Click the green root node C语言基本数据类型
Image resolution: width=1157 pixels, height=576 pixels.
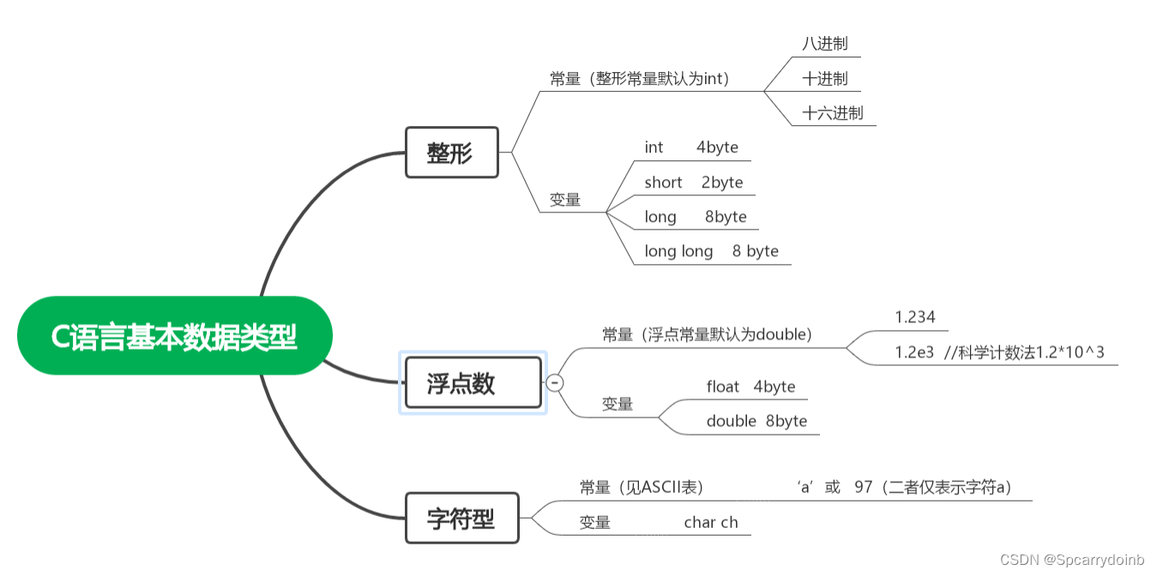pos(174,336)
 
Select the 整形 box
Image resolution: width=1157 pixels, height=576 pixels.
pos(451,153)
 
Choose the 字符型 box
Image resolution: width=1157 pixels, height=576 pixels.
pos(461,518)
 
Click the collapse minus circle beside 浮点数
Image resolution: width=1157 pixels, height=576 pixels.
pos(555,382)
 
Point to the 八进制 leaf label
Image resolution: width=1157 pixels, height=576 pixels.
pos(824,44)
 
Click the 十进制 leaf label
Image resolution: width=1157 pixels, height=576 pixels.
pos(824,79)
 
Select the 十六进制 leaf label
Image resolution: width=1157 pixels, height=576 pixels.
pos(832,113)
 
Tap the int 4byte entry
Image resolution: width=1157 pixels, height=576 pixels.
pos(691,147)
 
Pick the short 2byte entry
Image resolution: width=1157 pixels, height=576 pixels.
pos(694,183)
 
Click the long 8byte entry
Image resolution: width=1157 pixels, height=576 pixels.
pos(696,217)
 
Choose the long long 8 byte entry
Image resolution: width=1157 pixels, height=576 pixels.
pos(711,251)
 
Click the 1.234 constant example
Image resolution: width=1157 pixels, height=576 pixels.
pos(915,317)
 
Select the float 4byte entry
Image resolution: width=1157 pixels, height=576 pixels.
pos(750,387)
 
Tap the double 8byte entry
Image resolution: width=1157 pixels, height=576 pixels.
pos(756,421)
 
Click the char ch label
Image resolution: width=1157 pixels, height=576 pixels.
pos(711,523)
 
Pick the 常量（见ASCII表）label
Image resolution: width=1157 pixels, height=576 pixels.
pos(642,488)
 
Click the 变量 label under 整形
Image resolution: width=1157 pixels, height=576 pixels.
pos(565,200)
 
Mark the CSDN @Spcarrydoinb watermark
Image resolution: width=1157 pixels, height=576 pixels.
pos(1072,560)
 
